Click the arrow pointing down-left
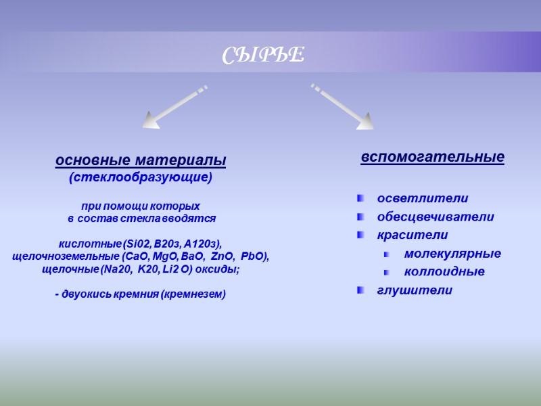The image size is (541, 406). click(172, 107)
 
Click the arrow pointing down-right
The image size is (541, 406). click(344, 106)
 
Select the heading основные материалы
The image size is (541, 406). click(141, 161)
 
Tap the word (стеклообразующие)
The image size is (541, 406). click(141, 178)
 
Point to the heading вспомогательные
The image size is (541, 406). click(432, 157)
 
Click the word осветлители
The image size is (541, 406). click(423, 198)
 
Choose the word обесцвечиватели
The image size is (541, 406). click(436, 217)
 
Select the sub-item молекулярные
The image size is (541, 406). click(452, 254)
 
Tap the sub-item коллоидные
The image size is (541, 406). click(444, 272)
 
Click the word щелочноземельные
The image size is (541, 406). click(66, 256)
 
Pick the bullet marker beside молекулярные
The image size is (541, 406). click(387, 254)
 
